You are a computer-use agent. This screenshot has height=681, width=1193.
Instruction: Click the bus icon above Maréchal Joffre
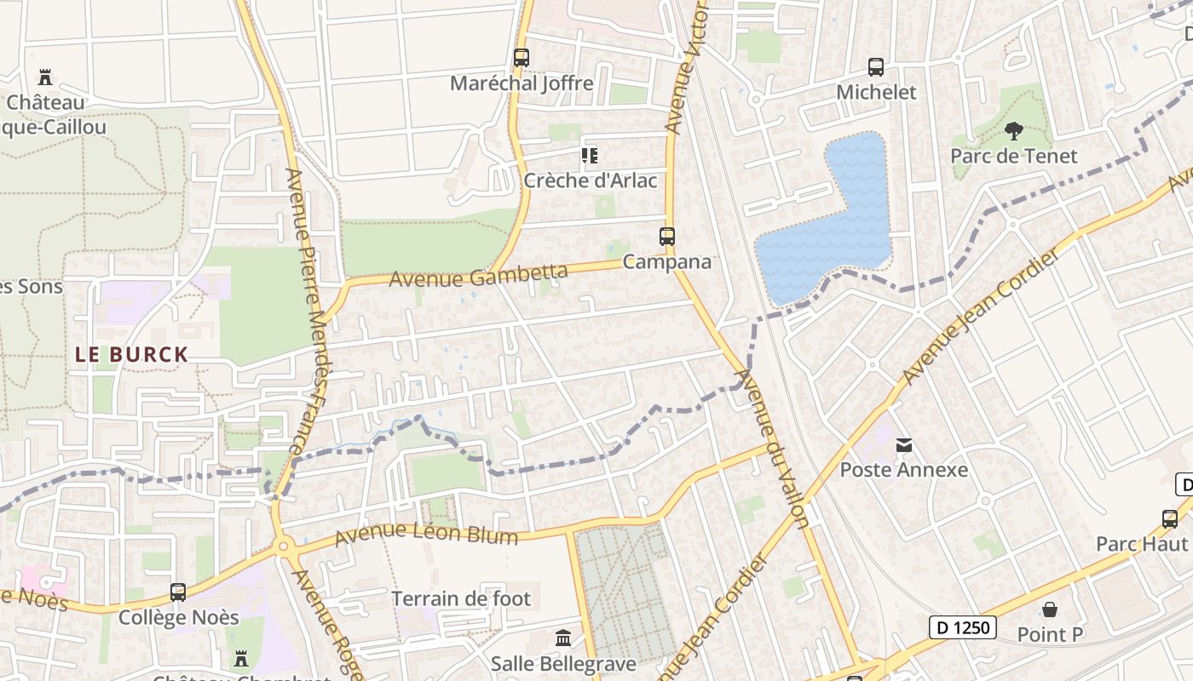(522, 58)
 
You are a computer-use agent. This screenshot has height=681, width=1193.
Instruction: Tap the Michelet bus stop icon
(876, 66)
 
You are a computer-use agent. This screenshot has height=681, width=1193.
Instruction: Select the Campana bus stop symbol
(667, 236)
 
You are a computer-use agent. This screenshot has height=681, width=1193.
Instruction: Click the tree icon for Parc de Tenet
(1013, 130)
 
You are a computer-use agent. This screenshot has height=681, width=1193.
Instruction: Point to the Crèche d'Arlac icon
(590, 156)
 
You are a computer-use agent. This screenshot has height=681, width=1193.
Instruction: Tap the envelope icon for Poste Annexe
(904, 444)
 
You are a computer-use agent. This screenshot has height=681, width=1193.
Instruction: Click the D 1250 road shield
(962, 628)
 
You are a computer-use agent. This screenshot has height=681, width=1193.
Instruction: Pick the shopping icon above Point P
(1050, 609)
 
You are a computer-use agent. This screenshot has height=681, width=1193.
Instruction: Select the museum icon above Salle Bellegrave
(563, 638)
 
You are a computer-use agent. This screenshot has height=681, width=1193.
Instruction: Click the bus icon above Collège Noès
(178, 592)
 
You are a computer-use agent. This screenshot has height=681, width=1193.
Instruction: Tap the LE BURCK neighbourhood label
(131, 355)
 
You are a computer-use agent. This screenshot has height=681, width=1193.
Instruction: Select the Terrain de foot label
(461, 598)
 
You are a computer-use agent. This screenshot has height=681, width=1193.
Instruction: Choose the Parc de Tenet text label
(1014, 156)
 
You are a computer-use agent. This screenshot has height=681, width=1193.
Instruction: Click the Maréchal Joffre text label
(522, 83)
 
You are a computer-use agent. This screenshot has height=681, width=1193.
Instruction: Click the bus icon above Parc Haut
(1170, 518)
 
